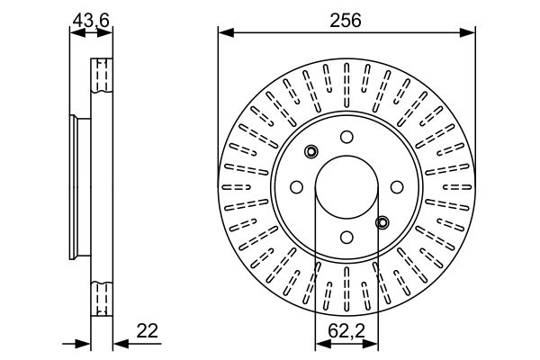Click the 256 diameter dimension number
coord(346,21)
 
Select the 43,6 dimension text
coord(91,19)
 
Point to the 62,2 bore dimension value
coord(346,330)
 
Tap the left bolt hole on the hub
coord(296,187)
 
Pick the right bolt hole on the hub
coord(396,187)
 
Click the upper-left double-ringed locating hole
coord(311,151)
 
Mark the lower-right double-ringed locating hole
coord(382,222)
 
